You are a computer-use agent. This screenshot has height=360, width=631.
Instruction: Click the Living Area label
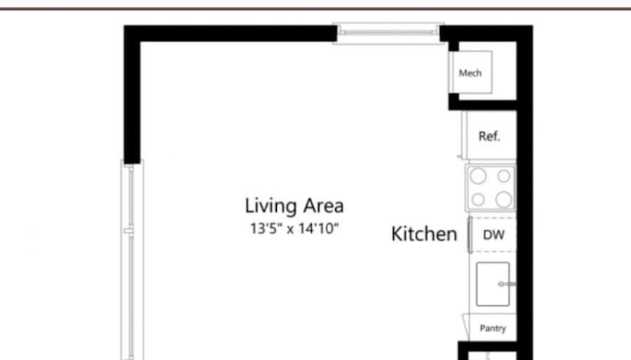tap(294, 205)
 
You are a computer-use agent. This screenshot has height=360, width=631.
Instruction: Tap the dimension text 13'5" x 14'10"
tap(294, 229)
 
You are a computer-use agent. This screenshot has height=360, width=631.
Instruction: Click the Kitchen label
tap(424, 234)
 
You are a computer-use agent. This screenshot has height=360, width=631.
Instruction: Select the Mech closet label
tap(470, 73)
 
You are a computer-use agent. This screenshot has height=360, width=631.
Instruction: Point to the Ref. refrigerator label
tap(489, 136)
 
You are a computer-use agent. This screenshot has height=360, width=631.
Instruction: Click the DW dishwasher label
tap(494, 235)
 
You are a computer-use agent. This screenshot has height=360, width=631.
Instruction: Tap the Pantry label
tap(493, 328)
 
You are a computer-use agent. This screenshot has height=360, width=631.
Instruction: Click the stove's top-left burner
tap(478, 176)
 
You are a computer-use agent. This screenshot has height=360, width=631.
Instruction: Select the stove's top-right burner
tap(504, 176)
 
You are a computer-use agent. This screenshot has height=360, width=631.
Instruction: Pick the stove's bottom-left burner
tap(478, 199)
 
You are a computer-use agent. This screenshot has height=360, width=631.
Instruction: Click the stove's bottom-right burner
tap(504, 199)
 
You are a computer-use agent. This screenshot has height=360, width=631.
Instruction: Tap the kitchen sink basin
tap(492, 284)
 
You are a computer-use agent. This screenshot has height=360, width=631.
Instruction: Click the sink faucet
tap(506, 284)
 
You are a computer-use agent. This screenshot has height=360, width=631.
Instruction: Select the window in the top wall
tap(388, 33)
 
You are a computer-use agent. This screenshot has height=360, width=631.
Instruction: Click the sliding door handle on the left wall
tap(128, 231)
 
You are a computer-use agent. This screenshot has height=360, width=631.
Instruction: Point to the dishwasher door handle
tap(470, 235)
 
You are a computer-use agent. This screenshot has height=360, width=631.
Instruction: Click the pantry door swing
tap(466, 326)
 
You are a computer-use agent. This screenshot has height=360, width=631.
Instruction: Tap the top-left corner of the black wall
tap(124, 25)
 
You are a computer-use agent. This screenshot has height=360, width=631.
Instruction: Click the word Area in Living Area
tap(323, 205)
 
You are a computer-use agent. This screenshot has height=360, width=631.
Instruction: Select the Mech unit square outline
tap(470, 51)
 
